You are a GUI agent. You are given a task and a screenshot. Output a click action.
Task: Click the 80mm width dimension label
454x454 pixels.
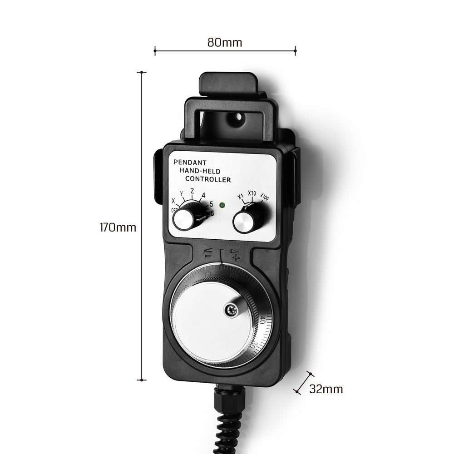point(225,43)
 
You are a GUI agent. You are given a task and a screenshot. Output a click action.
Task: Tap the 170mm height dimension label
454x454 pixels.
point(118,227)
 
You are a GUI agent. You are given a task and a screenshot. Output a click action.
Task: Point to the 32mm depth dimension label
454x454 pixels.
point(326,389)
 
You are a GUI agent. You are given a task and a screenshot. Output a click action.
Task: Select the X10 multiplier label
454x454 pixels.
point(252,194)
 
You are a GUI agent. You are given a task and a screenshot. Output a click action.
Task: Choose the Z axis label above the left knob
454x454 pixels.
point(192,192)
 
